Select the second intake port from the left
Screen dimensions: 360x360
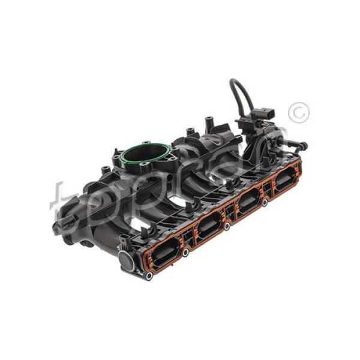(x=209, y=225)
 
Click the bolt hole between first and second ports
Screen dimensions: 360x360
(x=185, y=253)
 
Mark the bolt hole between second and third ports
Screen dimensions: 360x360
(x=227, y=227)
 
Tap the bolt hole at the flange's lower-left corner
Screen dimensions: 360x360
(x=148, y=276)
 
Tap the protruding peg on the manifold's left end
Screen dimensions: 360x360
(x=58, y=227)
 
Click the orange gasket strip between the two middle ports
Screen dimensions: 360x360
(x=229, y=212)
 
